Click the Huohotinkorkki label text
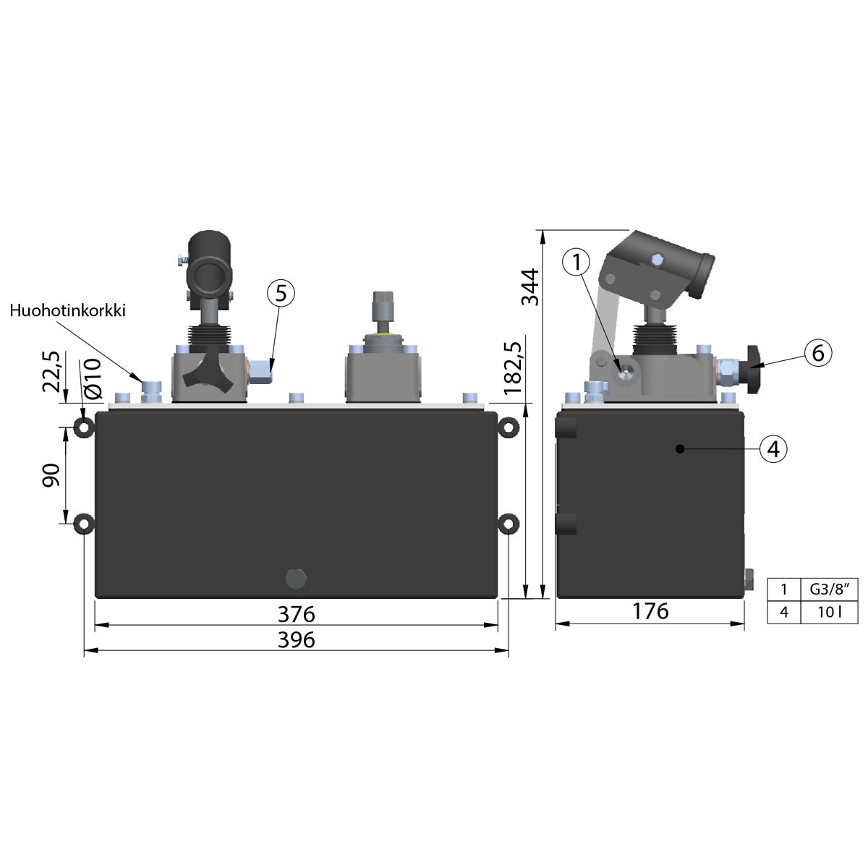click(67, 311)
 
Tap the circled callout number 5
click(281, 293)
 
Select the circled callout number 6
click(817, 353)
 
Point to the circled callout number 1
click(576, 261)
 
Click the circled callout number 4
click(773, 448)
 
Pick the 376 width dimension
click(296, 614)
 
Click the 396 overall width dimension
click(296, 639)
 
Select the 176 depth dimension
click(650, 611)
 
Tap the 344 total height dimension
click(529, 287)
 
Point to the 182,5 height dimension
click(514, 368)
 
